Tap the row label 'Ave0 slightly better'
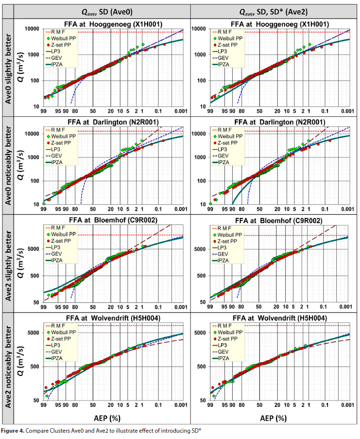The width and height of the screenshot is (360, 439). (8, 67)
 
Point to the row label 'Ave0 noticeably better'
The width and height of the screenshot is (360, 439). (8, 165)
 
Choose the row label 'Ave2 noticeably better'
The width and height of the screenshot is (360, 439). (8, 362)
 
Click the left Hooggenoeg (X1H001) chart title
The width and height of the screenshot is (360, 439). (113, 24)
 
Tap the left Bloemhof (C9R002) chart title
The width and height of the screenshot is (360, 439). (113, 220)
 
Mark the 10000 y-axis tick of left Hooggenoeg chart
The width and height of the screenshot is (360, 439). (32, 29)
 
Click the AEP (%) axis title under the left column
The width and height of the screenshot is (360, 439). (113, 417)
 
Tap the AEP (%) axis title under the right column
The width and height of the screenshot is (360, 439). (280, 417)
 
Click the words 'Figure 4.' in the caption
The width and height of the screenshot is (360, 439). (15, 432)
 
